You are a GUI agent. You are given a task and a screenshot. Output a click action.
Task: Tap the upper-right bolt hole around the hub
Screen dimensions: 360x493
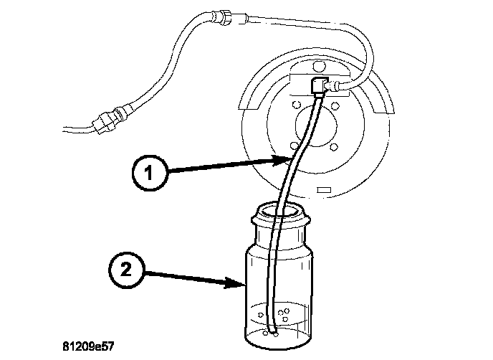pos(335,108)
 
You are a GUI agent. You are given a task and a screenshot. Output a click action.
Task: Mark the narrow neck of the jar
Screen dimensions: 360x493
pos(279,232)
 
